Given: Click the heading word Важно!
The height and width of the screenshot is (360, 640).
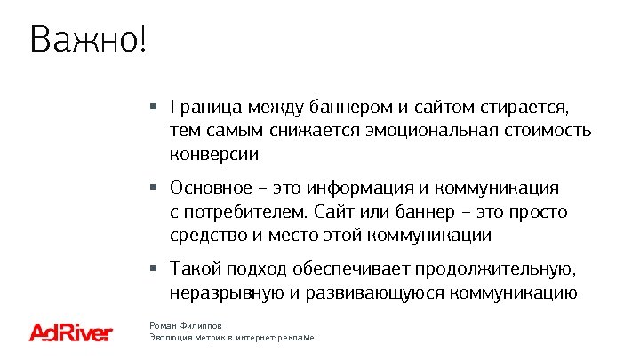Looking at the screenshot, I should coord(85,40).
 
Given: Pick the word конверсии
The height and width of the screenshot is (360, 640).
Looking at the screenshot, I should coord(213,154).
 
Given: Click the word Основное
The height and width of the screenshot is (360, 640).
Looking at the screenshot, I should coord(215,188).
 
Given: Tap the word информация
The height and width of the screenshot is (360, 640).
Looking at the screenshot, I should coord(358,188).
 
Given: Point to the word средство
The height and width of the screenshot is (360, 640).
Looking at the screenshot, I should coord(207,236).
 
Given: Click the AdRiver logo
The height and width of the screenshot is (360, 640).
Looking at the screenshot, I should coord(71,332).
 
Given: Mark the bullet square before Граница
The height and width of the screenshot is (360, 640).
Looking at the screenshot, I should coord(154,108).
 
